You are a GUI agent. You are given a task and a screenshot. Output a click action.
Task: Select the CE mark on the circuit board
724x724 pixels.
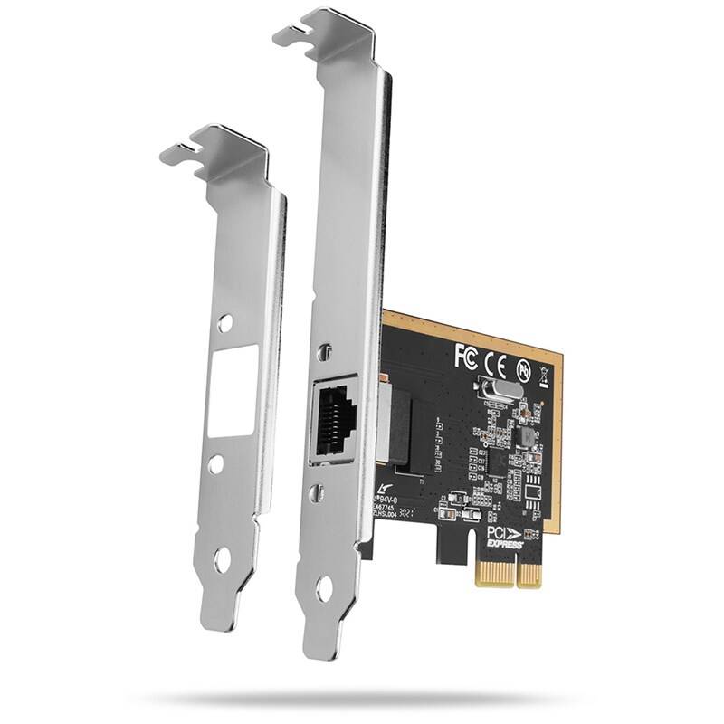point(495,362)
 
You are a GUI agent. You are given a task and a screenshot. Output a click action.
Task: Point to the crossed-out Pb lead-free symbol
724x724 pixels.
point(523,369)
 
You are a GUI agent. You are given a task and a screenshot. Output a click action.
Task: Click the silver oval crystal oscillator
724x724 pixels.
point(498,392)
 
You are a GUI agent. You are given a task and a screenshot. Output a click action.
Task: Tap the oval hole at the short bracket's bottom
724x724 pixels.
point(222,559)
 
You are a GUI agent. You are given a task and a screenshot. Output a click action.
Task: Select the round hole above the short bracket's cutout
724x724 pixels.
point(226,321)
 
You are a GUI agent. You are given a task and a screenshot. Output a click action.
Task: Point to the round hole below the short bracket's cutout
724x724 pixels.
point(215,463)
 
